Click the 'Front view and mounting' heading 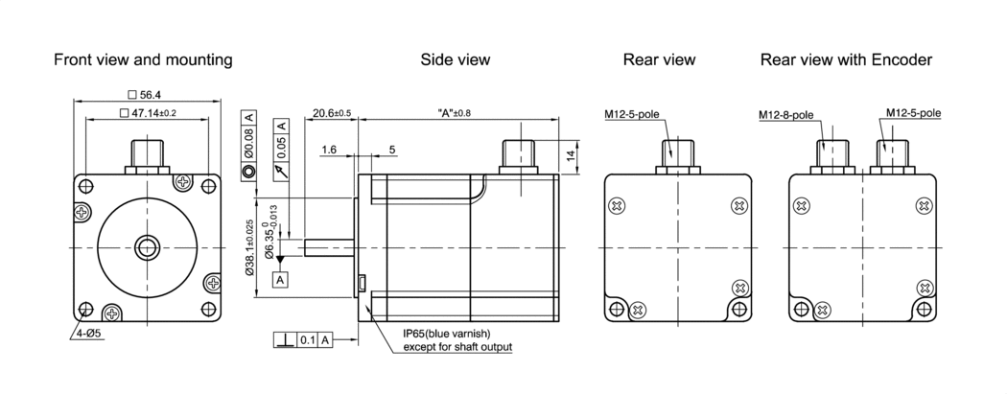point(143,59)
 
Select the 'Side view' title point(456,59)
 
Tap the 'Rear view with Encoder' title point(847,59)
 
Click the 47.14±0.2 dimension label point(148,113)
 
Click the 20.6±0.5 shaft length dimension point(332,113)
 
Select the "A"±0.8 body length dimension point(454,113)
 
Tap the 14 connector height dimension point(572,156)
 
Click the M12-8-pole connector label point(785,115)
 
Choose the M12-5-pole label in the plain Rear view point(631,115)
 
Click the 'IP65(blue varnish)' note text point(447,334)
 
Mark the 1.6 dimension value point(329,150)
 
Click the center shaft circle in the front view point(147,247)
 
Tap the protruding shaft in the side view point(329,247)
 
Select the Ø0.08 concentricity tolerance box point(249,146)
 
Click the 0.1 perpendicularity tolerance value point(307,340)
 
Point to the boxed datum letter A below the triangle point(280,280)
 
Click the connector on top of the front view point(147,156)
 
